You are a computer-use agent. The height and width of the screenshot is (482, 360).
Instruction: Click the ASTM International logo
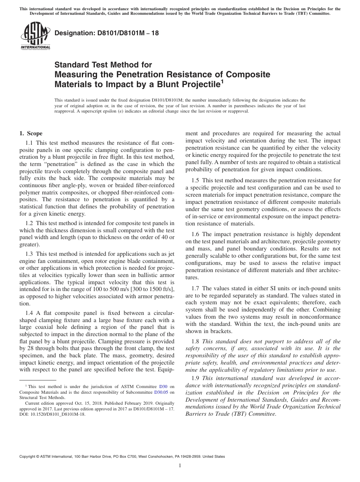coord(35,36)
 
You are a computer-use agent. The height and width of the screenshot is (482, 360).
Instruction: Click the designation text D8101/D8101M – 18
coord(106,33)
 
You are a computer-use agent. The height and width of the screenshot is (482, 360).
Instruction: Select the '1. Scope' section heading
coord(31,133)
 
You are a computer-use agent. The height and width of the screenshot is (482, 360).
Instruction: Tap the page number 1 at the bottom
coord(180,465)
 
